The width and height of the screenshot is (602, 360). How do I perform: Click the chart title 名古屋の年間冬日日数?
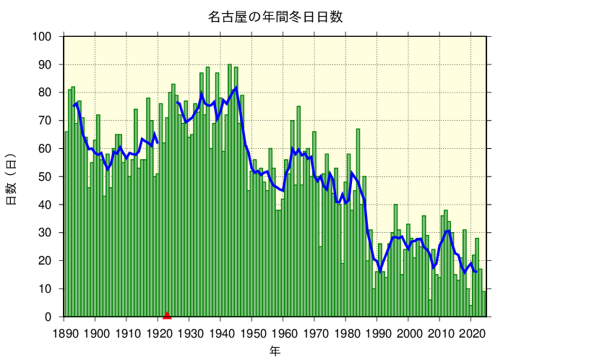275,17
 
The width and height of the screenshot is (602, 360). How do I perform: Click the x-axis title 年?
275,351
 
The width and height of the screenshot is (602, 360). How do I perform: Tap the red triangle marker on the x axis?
167,314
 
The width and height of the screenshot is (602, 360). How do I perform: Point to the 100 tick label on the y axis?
42,36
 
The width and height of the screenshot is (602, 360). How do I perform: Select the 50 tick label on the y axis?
45,176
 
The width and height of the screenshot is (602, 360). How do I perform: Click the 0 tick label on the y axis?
48,317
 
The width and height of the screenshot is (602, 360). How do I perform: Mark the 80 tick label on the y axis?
45,93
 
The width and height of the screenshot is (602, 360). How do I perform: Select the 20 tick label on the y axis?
45,260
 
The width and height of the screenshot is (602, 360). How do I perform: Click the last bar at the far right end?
484,304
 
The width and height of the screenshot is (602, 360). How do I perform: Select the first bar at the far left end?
66,224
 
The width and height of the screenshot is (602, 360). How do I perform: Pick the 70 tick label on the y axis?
45,120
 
